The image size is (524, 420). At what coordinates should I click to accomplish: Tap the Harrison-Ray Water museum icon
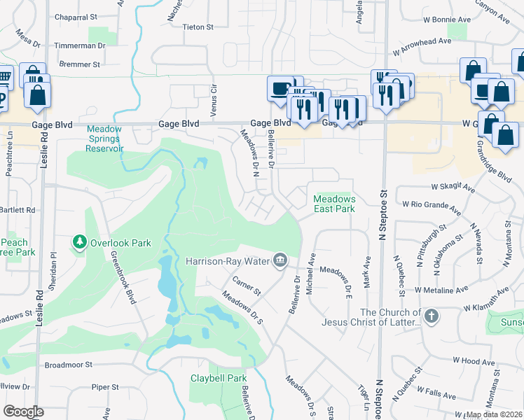tap(280, 261)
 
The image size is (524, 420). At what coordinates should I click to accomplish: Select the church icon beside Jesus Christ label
tap(432, 316)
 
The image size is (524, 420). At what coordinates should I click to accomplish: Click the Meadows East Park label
tap(334, 204)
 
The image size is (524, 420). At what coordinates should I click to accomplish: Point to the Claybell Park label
tap(216, 378)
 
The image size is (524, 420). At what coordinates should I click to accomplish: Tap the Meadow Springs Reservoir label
tap(105, 139)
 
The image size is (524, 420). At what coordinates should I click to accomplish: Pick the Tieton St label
tap(198, 27)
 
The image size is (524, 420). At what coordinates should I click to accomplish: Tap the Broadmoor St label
tap(69, 365)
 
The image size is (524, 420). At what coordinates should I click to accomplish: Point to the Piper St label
tap(105, 386)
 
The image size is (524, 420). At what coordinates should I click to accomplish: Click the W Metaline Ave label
tap(441, 289)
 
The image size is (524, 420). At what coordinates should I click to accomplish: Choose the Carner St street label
tap(247, 286)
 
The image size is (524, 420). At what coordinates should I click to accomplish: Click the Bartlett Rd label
tap(18, 209)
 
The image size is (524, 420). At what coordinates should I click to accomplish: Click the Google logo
tap(23, 412)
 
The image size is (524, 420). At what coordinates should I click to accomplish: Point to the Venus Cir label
tap(214, 101)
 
